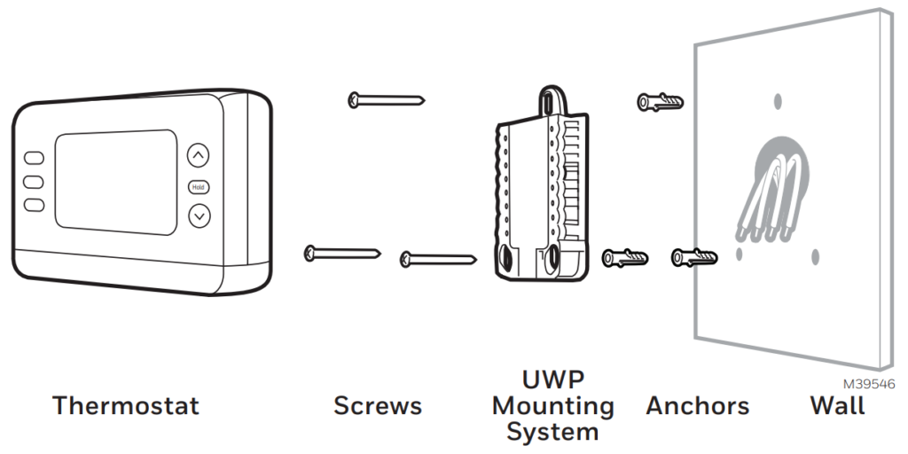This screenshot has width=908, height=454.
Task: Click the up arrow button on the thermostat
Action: click(x=200, y=156)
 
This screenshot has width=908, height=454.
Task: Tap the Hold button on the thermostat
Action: click(x=199, y=187)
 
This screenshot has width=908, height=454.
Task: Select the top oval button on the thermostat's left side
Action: click(x=34, y=158)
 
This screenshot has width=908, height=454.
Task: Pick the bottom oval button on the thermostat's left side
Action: click(x=34, y=205)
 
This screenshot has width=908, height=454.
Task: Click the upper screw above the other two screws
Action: click(x=387, y=98)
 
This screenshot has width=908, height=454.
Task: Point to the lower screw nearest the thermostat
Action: click(x=342, y=254)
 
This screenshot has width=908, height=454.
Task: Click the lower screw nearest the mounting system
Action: click(x=439, y=259)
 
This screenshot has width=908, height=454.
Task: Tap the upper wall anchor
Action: click(x=661, y=101)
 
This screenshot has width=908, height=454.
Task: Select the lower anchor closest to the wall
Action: click(x=693, y=258)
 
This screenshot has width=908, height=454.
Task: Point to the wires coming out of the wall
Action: click(x=773, y=195)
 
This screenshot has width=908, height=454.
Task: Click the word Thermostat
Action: click(x=126, y=406)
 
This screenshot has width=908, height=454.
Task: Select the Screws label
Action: click(x=378, y=406)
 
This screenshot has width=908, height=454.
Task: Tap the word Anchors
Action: click(x=697, y=406)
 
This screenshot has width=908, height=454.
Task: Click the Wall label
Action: click(x=837, y=406)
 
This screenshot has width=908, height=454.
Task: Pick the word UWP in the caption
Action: click(x=552, y=381)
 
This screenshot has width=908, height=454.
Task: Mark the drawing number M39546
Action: click(x=869, y=384)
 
